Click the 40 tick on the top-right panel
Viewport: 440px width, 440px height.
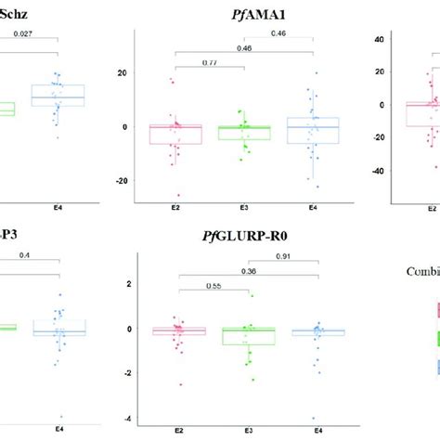point(378,39)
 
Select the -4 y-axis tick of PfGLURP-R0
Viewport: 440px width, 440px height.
point(125,418)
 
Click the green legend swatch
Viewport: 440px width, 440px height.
point(437,338)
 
